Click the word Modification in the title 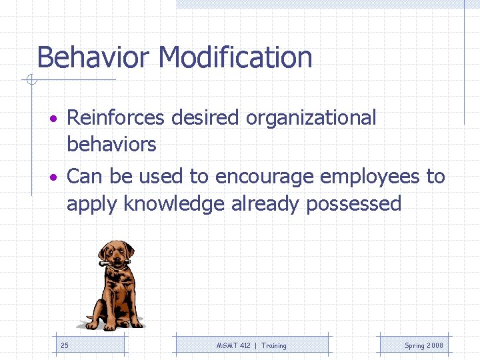[x=236, y=57]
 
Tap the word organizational [x=311, y=118]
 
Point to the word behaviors [x=111, y=144]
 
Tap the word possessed [x=353, y=203]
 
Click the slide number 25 [x=64, y=345]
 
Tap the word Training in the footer [x=273, y=345]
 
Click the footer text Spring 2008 [x=423, y=345]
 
